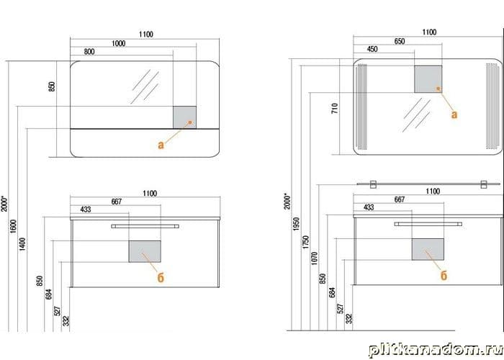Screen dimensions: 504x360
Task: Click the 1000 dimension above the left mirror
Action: [118, 43]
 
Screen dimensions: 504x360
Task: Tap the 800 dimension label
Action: [89, 52]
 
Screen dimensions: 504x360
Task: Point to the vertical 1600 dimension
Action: [13, 226]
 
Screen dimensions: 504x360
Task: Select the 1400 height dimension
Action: [22, 244]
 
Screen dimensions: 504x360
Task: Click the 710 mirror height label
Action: [335, 108]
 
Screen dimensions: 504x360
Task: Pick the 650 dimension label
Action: [400, 42]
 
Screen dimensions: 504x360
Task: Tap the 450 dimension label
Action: [372, 49]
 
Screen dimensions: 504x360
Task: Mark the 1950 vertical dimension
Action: [297, 224]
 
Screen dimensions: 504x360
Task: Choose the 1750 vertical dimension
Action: [306, 242]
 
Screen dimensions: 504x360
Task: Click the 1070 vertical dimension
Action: [315, 258]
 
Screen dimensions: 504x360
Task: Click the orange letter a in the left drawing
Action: [161, 145]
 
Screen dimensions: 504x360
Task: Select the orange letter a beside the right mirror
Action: [454, 114]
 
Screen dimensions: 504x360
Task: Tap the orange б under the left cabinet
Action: [161, 277]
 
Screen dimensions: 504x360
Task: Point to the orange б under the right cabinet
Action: [444, 275]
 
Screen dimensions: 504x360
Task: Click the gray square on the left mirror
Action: [185, 117]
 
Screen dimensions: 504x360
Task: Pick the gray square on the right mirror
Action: [428, 79]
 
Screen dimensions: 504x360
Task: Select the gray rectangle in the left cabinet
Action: [145, 251]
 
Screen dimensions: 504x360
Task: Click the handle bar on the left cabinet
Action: [145, 226]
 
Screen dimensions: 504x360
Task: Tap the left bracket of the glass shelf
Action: [373, 184]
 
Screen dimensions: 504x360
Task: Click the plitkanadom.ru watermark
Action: [436, 350]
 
